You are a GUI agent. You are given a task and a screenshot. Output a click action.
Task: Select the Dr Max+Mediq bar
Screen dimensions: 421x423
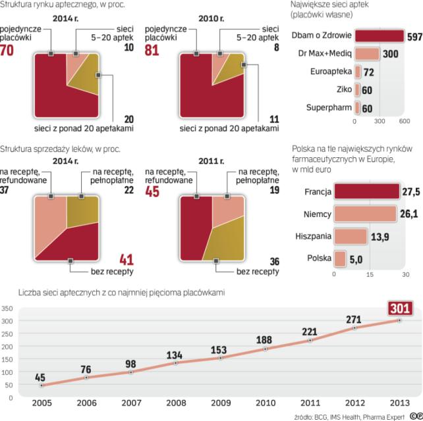[x=367, y=53]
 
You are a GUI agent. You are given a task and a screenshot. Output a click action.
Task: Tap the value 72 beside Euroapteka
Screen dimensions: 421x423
[x=368, y=72]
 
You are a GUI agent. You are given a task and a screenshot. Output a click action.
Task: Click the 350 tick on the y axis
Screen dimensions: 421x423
[x=7, y=308]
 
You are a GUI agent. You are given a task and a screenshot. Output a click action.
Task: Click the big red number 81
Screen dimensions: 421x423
[x=153, y=47]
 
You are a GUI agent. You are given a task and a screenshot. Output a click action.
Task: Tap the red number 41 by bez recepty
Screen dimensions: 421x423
[x=126, y=259]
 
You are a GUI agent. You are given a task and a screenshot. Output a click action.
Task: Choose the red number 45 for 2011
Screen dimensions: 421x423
[x=154, y=193]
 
